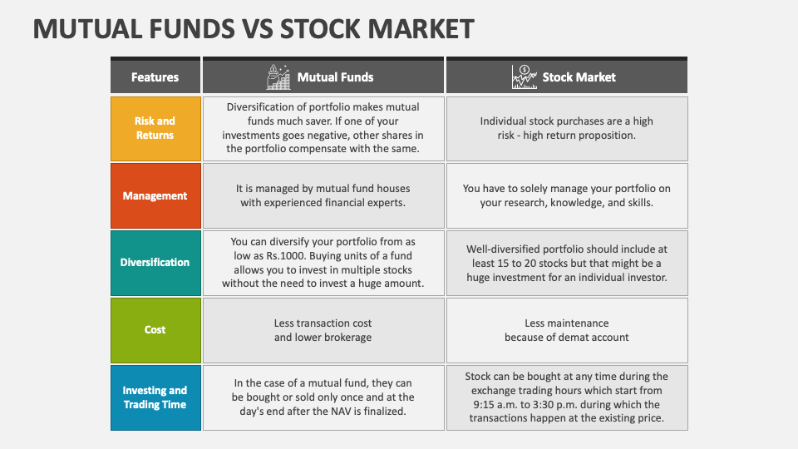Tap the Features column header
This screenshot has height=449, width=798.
pyautogui.click(x=155, y=76)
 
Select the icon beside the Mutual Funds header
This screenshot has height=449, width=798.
pyautogui.click(x=278, y=76)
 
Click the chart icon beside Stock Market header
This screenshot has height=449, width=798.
pyautogui.click(x=525, y=76)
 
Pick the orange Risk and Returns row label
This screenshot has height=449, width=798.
pyautogui.click(x=155, y=129)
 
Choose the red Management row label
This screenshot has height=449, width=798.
pyautogui.click(x=155, y=196)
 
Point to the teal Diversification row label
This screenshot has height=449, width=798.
pyautogui.click(x=155, y=263)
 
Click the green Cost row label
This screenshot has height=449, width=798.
pyautogui.click(x=155, y=330)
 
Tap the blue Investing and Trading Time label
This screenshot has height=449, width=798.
pyautogui.click(x=155, y=397)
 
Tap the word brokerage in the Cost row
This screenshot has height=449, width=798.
pyautogui.click(x=348, y=338)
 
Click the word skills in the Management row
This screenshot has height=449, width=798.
pyautogui.click(x=639, y=203)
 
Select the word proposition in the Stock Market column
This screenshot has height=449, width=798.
pyautogui.click(x=608, y=136)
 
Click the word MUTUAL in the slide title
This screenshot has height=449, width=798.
pyautogui.click(x=87, y=29)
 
